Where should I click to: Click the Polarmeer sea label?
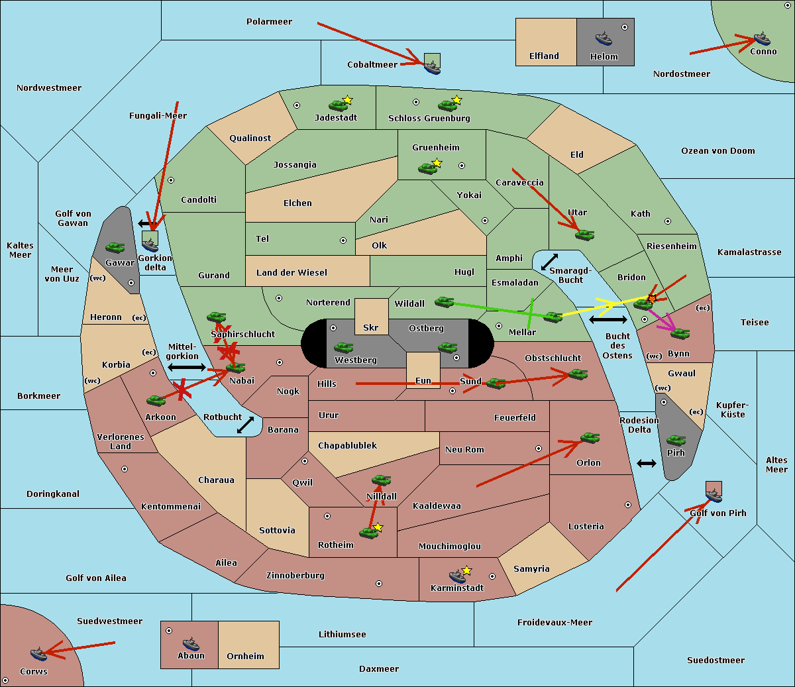click(269, 22)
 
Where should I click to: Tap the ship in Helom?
click(603, 38)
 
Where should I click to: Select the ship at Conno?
click(762, 38)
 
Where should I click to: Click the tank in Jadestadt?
click(339, 105)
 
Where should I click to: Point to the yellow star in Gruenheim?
click(437, 163)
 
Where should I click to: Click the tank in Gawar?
click(115, 248)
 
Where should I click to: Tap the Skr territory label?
click(371, 327)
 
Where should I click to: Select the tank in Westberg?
click(343, 348)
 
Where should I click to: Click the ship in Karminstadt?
click(457, 576)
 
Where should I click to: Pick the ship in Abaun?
click(191, 643)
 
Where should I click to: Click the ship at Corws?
click(39, 654)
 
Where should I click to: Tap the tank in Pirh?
click(676, 441)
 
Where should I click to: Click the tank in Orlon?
click(590, 438)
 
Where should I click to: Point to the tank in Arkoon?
click(156, 400)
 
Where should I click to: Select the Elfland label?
click(544, 56)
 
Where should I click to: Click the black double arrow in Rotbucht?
click(245, 425)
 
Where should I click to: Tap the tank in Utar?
click(584, 235)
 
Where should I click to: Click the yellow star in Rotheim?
click(378, 527)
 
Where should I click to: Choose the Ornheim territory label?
click(245, 656)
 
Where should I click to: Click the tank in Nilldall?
click(381, 480)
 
